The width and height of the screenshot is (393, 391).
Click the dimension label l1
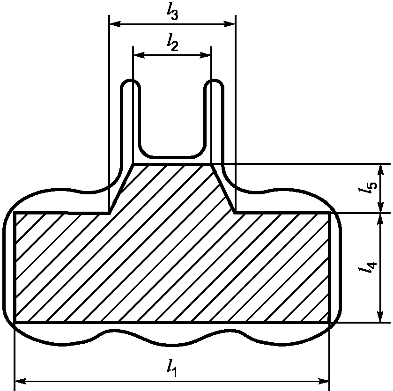[172, 368]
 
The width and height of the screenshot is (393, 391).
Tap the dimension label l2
[172, 42]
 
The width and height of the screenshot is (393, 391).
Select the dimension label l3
[172, 11]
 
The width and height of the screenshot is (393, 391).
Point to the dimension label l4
[368, 267]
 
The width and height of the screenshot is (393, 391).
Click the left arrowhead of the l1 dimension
[21, 382]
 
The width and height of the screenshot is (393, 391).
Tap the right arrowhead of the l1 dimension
[323, 382]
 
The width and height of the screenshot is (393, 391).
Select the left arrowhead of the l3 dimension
[115, 24]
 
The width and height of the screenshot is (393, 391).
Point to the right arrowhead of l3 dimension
[229, 24]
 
